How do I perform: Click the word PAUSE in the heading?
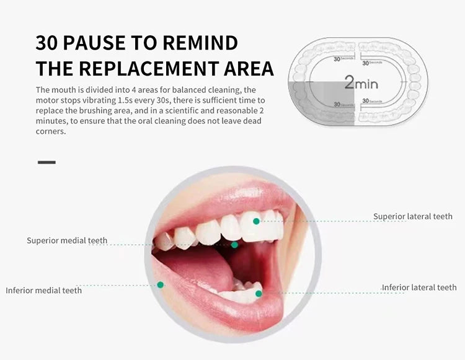pyautogui.click(x=95, y=43)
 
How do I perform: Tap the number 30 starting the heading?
pyautogui.click(x=47, y=43)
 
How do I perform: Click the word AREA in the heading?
pyautogui.click(x=247, y=68)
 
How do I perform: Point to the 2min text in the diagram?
pyautogui.click(x=361, y=82)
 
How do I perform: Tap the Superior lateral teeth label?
pyautogui.click(x=412, y=216)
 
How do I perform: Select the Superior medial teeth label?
pyautogui.click(x=67, y=240)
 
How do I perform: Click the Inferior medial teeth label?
pyautogui.click(x=43, y=290)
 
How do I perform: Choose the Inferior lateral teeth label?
pyautogui.click(x=419, y=288)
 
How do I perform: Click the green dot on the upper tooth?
pyautogui.click(x=256, y=221)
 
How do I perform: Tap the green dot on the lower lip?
pyautogui.click(x=160, y=285)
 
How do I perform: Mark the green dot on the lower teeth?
pyautogui.click(x=259, y=294)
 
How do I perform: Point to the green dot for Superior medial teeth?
pyautogui.click(x=234, y=245)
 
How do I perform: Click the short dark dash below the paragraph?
pyautogui.click(x=46, y=162)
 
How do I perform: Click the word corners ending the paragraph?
pyautogui.click(x=50, y=131)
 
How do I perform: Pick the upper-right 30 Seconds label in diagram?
pyautogui.click(x=373, y=62)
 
